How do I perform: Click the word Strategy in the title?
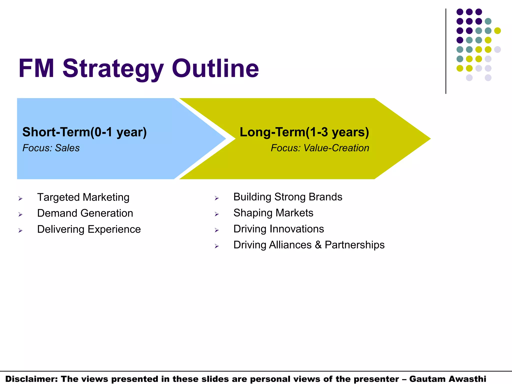coord(113,68)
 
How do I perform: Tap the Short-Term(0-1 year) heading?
coord(84,132)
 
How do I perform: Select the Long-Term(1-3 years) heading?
coord(304,132)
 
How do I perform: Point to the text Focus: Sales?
coord(51,148)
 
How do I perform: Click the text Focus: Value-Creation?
coord(320,148)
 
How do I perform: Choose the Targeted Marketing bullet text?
coord(83,197)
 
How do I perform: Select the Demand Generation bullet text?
coord(85,213)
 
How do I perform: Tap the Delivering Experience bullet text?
coord(89,229)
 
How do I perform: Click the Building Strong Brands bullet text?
coord(287,197)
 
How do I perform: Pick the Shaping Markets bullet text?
coord(273,213)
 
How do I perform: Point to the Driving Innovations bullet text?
coord(278,229)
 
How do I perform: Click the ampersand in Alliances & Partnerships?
coord(318,245)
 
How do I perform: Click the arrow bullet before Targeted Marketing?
coord(20,198)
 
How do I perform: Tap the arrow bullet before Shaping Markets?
coord(217,214)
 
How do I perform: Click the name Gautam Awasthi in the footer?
coord(447,379)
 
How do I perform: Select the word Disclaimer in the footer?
coord(31,379)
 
